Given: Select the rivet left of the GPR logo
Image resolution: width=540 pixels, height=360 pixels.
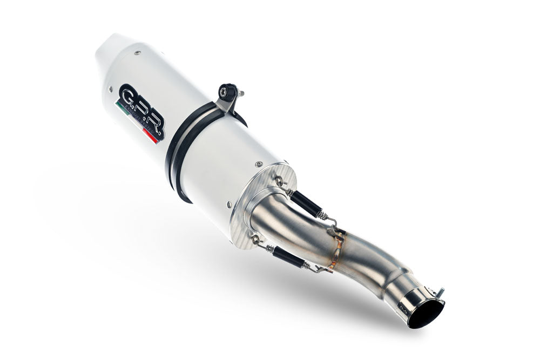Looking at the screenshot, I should pos(110,90).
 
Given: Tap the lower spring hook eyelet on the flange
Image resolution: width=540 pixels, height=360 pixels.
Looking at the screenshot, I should pos(254,240).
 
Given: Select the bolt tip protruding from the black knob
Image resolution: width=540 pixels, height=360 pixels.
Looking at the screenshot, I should pos(241,93).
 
